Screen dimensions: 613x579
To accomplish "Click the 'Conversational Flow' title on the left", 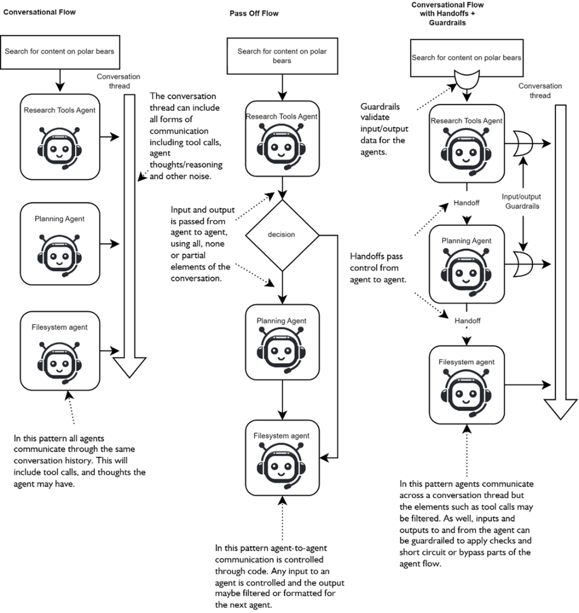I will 39,12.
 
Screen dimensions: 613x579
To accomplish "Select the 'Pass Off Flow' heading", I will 254,14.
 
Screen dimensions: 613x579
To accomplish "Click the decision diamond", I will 282,235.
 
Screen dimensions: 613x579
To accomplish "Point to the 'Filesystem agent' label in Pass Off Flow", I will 282,436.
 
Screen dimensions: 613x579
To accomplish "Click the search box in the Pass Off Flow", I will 282,56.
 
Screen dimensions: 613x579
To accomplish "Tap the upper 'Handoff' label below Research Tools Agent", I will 466,203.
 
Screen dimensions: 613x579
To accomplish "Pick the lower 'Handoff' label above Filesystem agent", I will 467,320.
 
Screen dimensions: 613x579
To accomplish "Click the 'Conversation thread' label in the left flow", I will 118,81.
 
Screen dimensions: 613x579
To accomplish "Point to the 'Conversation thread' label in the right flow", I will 540,91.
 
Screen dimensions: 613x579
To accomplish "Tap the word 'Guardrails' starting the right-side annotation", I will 380,106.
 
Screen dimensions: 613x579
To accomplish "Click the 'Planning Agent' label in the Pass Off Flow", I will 282,320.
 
